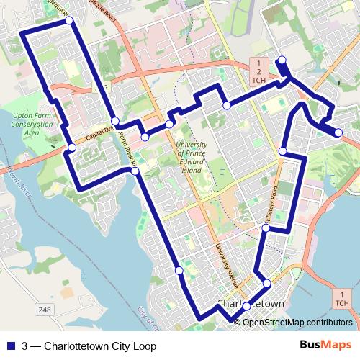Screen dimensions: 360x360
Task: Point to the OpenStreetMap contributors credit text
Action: tap(297, 322)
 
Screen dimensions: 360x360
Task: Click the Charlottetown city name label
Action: tap(251, 305)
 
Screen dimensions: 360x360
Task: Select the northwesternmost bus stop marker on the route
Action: tap(69, 21)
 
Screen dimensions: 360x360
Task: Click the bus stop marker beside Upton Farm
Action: tap(72, 148)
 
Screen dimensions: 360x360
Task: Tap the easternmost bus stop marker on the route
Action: tap(338, 132)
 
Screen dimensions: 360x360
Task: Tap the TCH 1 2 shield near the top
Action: tap(258, 71)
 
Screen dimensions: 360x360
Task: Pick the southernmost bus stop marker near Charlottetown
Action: tap(246, 306)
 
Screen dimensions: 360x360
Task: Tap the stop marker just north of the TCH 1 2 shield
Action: tap(282, 60)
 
